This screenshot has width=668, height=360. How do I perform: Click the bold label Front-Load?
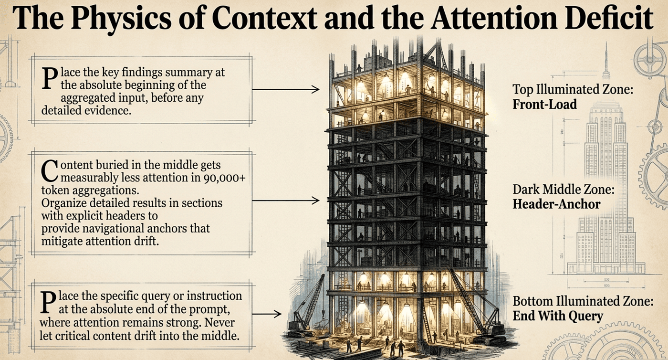pyautogui.click(x=544, y=105)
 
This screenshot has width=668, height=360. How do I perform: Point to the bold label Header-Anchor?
pyautogui.click(x=556, y=204)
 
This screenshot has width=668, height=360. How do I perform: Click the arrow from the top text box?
pyautogui.click(x=286, y=89)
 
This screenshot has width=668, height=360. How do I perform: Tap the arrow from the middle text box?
pyautogui.click(x=286, y=201)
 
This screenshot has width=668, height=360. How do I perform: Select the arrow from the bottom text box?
pyautogui.click(x=267, y=314)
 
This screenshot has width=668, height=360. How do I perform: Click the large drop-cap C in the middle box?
pyautogui.click(x=50, y=171)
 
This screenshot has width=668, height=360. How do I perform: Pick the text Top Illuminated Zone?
pyautogui.click(x=573, y=90)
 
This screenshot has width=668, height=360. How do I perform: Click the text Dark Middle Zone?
pyautogui.click(x=564, y=190)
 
